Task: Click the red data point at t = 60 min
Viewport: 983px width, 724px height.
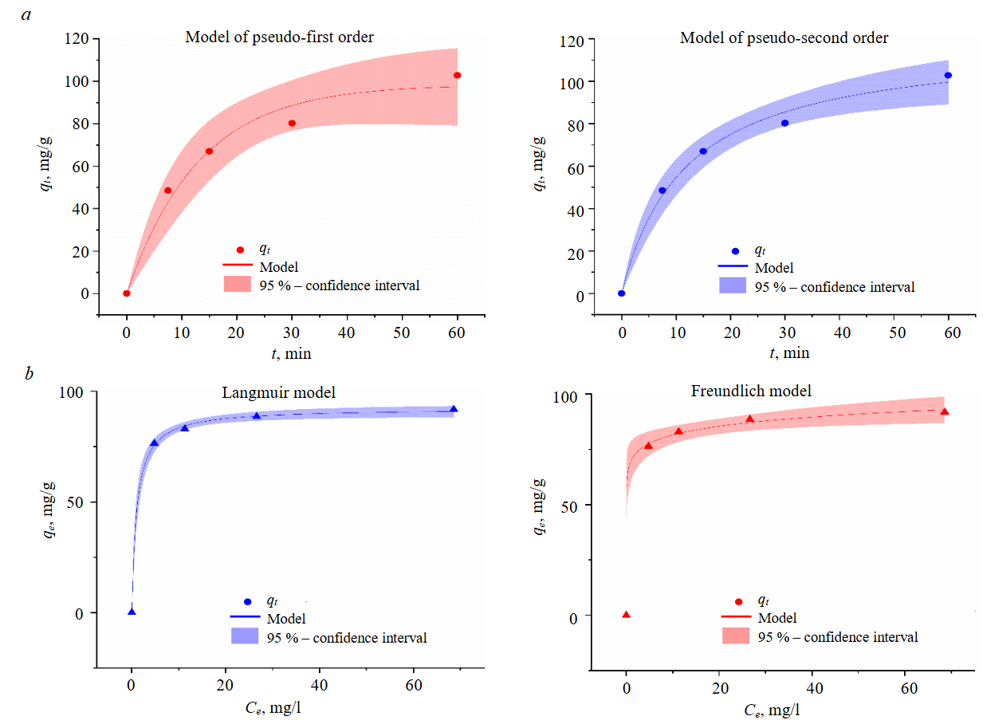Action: pos(458,75)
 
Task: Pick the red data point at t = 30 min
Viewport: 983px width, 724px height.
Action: pos(292,123)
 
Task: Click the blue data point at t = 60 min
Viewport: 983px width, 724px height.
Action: pos(948,75)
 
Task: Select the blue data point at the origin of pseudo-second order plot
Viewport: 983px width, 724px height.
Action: pos(622,293)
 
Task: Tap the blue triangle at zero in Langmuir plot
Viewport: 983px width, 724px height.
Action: pos(132,612)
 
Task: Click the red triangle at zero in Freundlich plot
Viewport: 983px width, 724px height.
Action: pos(626,614)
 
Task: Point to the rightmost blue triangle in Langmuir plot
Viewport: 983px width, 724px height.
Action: pos(454,409)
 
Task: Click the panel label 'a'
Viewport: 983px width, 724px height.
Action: pos(28,14)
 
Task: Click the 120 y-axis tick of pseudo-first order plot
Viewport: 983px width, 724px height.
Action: pos(82,39)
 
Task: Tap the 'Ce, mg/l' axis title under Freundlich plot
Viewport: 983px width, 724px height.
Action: pos(770,708)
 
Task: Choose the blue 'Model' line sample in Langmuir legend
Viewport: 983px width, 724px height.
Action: pos(246,618)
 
